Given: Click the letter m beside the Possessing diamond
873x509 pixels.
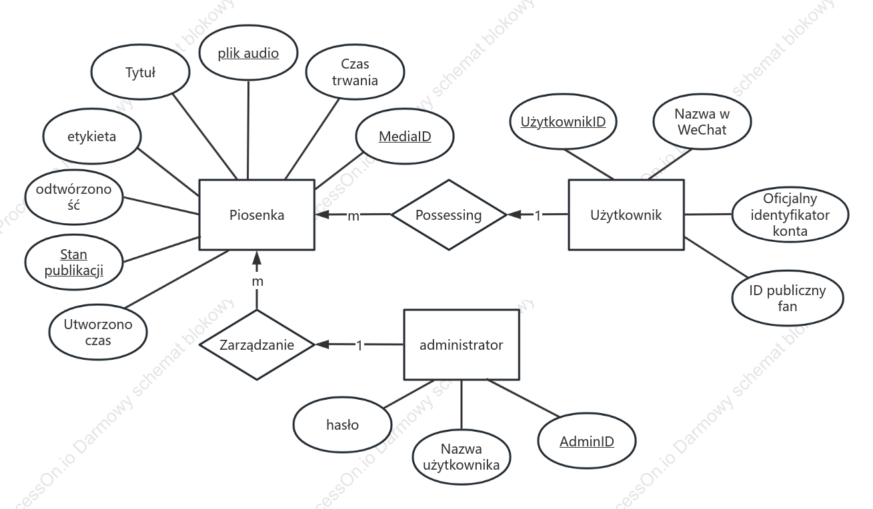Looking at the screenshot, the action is pyautogui.click(x=353, y=216).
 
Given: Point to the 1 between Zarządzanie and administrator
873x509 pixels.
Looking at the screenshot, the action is pyautogui.click(x=359, y=345).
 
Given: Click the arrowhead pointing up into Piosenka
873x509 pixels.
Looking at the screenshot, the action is pyautogui.click(x=257, y=256).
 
